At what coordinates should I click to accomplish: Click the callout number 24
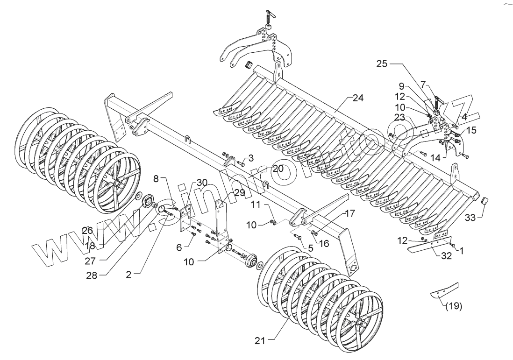point(358,98)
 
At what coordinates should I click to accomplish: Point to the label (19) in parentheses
point(453,306)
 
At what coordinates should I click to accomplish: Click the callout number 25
point(382,64)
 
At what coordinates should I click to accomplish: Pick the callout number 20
point(278,169)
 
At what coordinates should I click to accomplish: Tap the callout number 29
point(239,192)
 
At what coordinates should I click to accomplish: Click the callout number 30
point(189,182)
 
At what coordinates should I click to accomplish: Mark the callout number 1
point(462,251)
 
